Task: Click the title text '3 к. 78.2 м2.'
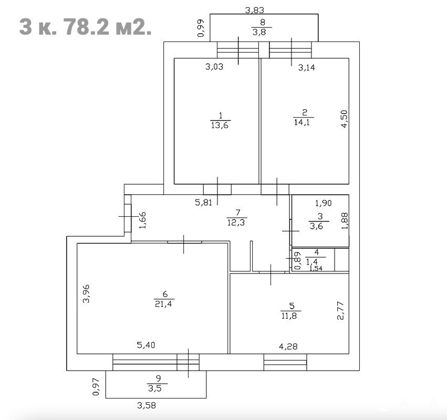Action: tap(85, 27)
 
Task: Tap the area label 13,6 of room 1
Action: tap(220, 125)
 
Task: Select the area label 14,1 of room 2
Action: tap(302, 122)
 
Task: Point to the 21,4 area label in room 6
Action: tap(163, 304)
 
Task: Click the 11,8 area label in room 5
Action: tap(289, 316)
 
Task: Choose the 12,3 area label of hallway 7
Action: tap(236, 222)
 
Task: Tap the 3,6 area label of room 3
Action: tap(316, 226)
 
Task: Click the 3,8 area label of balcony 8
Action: tap(259, 31)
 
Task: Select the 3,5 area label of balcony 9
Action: tap(155, 388)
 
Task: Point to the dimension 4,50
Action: tap(345, 119)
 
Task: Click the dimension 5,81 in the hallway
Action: tap(204, 203)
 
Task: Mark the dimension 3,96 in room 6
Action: tap(86, 293)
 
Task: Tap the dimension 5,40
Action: tap(146, 345)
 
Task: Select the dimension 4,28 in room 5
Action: tap(288, 346)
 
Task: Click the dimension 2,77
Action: tap(341, 311)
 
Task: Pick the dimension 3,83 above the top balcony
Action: tap(255, 10)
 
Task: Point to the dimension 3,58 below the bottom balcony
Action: tap(147, 405)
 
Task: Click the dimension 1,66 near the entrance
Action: tap(142, 220)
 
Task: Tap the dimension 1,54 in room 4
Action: tap(316, 268)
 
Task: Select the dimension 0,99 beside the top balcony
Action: tap(201, 28)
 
